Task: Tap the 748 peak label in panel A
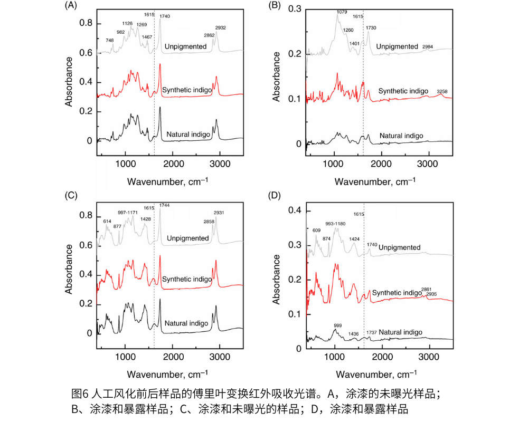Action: (109, 41)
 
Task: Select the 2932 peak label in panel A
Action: (220, 27)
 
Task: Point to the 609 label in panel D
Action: (317, 230)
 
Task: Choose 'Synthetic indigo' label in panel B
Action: (403, 91)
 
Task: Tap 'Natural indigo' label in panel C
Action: (186, 323)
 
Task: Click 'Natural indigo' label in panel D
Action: (401, 332)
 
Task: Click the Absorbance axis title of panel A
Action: (69, 81)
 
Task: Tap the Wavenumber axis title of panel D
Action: (378, 375)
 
